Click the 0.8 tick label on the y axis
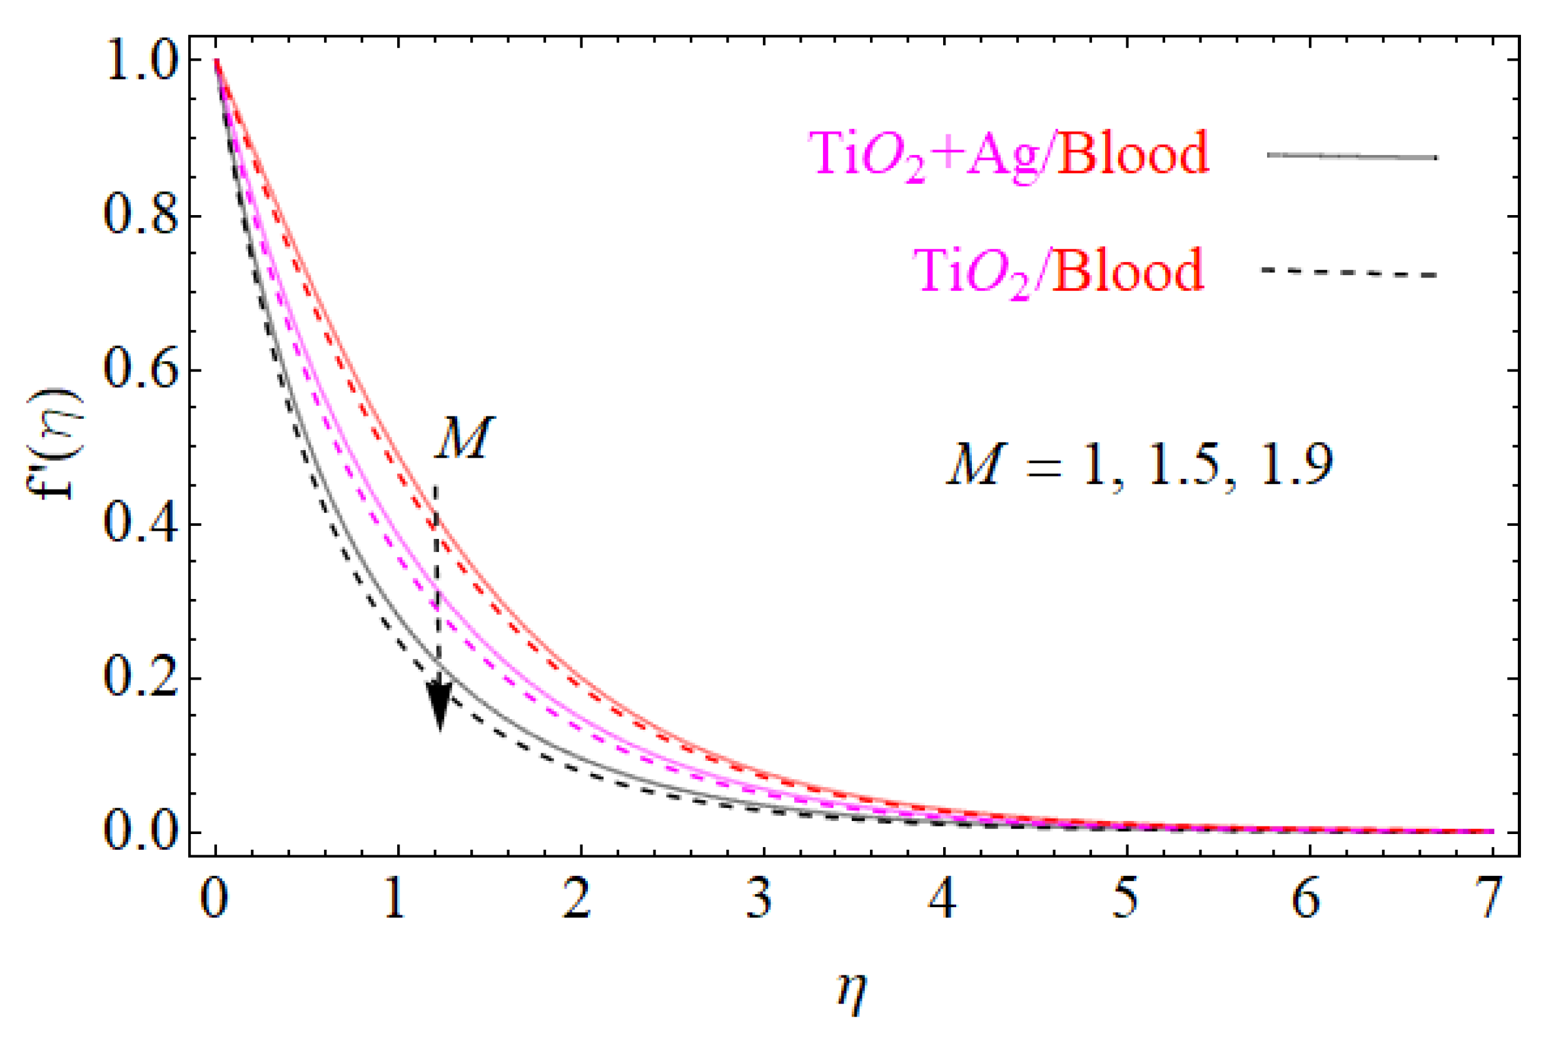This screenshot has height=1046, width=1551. point(141,217)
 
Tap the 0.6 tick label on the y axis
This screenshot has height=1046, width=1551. point(141,371)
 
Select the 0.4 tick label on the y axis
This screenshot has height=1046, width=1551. point(141,526)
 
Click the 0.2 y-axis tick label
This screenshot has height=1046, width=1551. point(141,680)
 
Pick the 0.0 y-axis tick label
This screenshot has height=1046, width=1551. point(141,833)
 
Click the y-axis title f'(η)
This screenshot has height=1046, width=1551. point(57,444)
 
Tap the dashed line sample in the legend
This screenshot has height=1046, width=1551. point(1349,273)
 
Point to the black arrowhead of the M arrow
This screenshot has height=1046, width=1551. point(438,707)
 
